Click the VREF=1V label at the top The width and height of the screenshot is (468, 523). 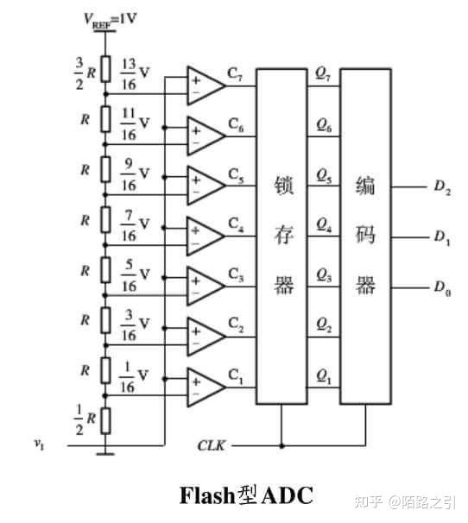(110, 19)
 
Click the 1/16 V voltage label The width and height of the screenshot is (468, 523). (134, 377)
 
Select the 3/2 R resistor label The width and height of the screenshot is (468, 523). (85, 73)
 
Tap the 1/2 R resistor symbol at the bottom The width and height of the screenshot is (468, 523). (106, 420)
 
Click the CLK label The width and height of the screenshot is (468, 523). (212, 445)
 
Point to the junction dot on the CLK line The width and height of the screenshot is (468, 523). (281, 445)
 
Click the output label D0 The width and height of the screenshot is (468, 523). (442, 288)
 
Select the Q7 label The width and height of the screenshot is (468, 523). (323, 75)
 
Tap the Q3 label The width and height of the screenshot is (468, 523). (324, 276)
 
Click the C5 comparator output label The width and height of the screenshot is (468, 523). (236, 176)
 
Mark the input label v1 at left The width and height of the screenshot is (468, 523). (39, 444)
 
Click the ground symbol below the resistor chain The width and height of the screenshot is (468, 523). (106, 454)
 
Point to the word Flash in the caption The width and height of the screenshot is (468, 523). (207, 495)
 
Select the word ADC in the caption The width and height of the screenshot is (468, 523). (288, 495)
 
